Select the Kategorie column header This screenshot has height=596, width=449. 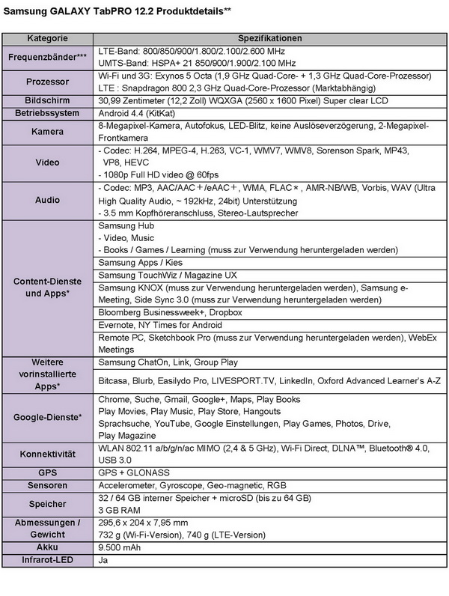pos(48,38)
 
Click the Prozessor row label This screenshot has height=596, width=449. pos(48,82)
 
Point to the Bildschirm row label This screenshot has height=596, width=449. pos(48,100)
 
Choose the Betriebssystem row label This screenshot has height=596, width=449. pos(48,112)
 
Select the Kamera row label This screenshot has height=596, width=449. pos(48,130)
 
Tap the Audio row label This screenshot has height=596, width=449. pos(48,201)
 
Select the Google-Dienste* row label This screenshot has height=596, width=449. pos(48,417)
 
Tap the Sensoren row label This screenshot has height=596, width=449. pos(48,485)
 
